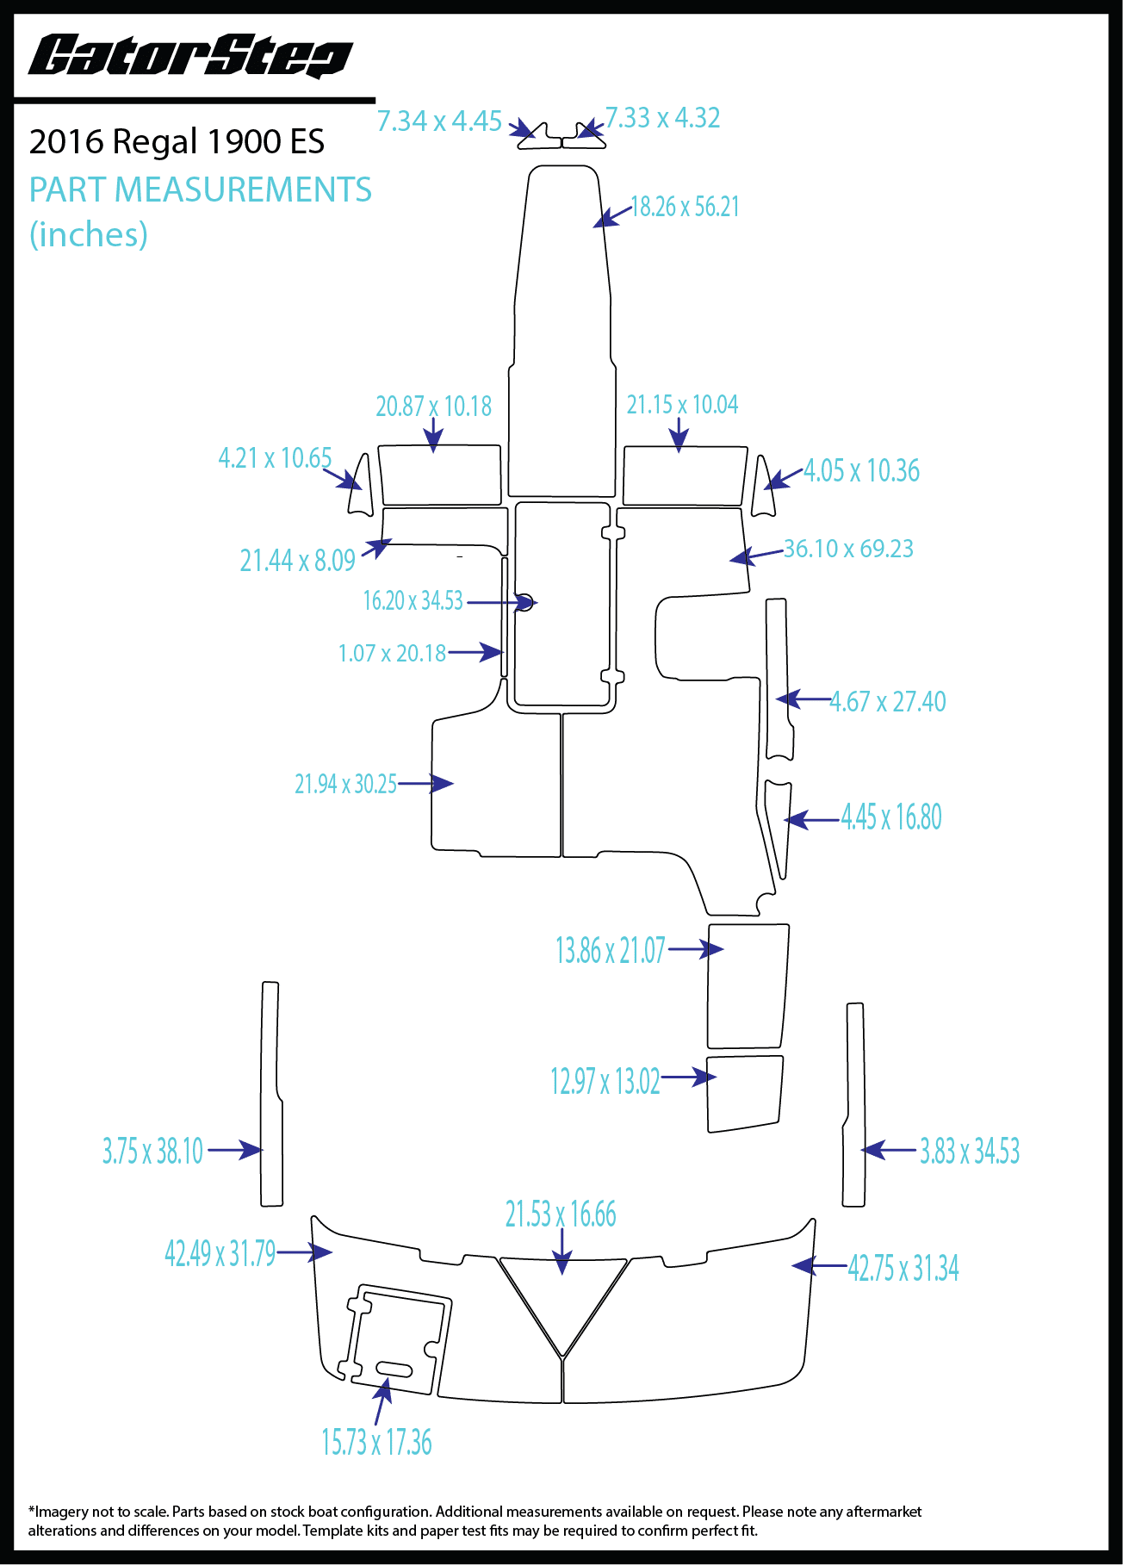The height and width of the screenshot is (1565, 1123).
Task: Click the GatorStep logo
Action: (190, 57)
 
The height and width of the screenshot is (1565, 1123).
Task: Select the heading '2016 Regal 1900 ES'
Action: (177, 142)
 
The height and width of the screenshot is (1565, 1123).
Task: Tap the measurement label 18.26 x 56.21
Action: (685, 208)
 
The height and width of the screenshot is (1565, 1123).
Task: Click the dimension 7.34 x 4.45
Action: (439, 121)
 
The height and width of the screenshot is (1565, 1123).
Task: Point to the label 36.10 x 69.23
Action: (848, 549)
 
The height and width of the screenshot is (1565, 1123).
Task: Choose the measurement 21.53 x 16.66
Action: (561, 1214)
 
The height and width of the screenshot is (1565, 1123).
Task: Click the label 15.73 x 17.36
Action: (376, 1442)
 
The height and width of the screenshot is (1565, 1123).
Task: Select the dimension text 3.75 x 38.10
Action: (152, 1151)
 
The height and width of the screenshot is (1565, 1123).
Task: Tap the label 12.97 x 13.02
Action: (605, 1081)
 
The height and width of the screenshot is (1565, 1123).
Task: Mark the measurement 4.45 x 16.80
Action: (891, 817)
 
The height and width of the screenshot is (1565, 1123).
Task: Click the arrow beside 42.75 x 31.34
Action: (819, 1265)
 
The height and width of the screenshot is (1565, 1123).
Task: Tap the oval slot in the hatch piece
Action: (394, 1369)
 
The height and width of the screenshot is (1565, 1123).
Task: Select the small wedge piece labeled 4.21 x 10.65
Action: (362, 487)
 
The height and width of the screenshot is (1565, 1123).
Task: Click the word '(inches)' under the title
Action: (89, 234)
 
